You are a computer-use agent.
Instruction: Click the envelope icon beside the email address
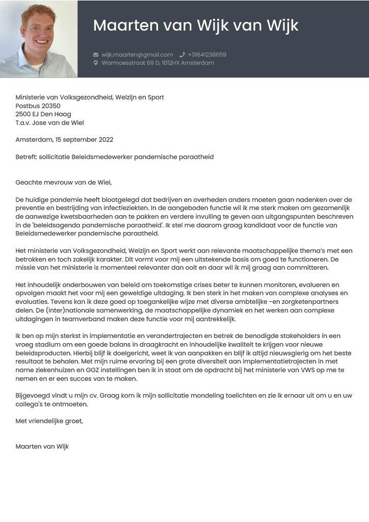coord(96,55)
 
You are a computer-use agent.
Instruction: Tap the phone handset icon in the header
coord(182,55)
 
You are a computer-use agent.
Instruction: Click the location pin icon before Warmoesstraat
coord(96,63)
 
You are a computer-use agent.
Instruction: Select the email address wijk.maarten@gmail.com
coord(137,55)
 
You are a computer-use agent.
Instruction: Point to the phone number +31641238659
coord(207,55)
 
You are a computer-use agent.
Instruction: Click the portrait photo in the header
coord(39,39)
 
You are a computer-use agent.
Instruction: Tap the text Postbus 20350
coord(38,106)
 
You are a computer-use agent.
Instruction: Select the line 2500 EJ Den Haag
coord(43,114)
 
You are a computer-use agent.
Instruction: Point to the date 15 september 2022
coord(85,140)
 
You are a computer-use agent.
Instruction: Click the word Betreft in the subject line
coord(27,157)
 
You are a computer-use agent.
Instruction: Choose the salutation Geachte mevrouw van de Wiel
coord(63,182)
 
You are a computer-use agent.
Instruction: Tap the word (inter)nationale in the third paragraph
coord(51,310)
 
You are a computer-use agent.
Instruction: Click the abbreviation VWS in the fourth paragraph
coord(314,371)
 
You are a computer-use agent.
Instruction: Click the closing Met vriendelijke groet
coord(49,421)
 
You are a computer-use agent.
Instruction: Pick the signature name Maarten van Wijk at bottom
coord(42,447)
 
